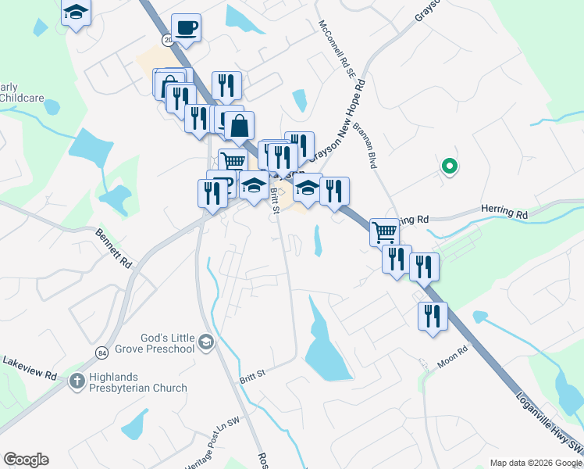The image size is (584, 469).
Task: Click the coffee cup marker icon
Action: [186, 29]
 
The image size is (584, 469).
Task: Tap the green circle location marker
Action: [449, 166]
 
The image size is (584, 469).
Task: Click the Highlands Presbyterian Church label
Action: [137, 381]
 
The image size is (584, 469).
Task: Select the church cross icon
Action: [77, 381]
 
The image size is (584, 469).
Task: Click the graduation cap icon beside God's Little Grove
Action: [205, 342]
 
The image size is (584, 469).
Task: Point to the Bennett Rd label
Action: [114, 248]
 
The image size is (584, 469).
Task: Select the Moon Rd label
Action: [452, 356]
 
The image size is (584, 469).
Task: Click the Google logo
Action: [26, 460]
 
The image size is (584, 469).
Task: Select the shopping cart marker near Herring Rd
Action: [384, 231]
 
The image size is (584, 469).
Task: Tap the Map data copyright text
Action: [535, 463]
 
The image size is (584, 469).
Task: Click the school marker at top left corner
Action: [76, 13]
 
